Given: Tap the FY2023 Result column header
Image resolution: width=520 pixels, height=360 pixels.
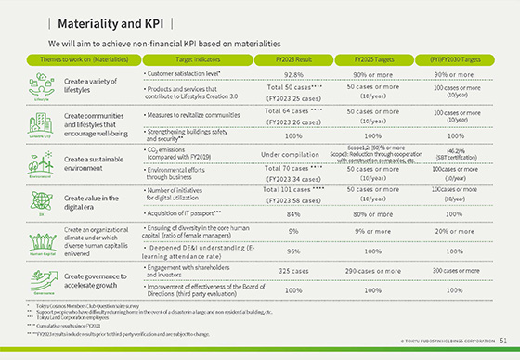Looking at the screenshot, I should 293,59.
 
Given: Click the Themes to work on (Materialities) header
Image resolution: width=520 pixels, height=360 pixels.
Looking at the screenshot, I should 72,59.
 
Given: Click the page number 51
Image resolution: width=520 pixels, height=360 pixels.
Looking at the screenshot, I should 502,341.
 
